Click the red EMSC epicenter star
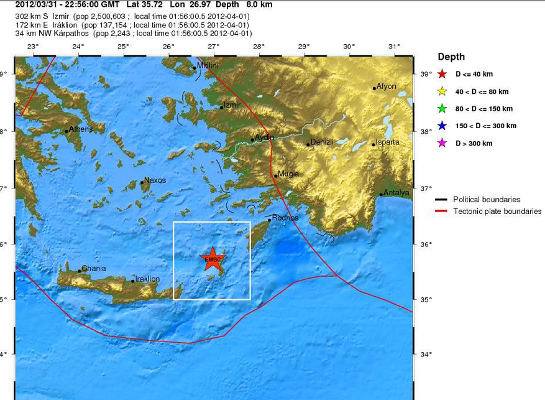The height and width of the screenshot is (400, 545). (213, 259)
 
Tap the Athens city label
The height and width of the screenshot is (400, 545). (81, 129)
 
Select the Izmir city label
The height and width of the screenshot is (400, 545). (231, 105)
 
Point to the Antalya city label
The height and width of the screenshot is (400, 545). (396, 193)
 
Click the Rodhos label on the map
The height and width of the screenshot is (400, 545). (285, 218)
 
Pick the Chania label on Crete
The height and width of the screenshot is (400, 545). (93, 268)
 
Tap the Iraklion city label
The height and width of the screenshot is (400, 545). (147, 279)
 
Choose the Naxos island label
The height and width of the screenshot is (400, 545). (155, 180)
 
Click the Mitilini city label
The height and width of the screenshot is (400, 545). (208, 65)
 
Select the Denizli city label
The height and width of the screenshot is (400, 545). (322, 142)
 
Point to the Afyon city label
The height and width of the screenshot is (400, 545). (386, 86)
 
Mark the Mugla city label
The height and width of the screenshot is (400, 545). (288, 174)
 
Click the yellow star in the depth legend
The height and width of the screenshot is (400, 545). (442, 91)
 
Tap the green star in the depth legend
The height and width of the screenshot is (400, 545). (442, 109)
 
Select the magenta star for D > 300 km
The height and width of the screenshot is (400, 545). (442, 144)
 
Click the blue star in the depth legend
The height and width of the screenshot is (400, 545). (442, 126)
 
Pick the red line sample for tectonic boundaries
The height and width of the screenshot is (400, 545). (442, 212)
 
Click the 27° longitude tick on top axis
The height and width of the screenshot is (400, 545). (213, 47)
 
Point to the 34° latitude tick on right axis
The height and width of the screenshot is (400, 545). (426, 355)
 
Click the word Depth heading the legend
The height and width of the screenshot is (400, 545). (451, 57)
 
